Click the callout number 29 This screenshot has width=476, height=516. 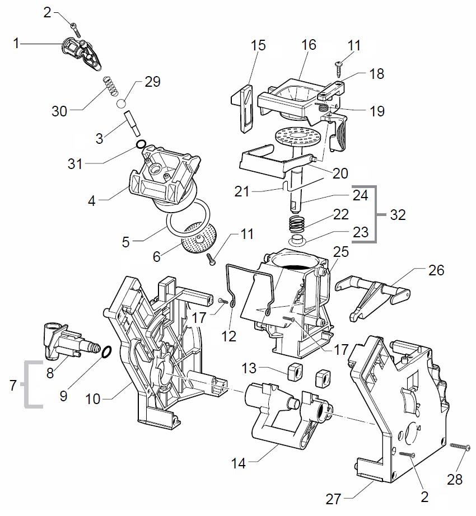(152, 82)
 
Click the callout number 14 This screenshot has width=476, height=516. (238, 463)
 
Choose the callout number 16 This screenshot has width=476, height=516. (309, 45)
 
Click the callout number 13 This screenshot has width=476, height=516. (250, 368)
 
